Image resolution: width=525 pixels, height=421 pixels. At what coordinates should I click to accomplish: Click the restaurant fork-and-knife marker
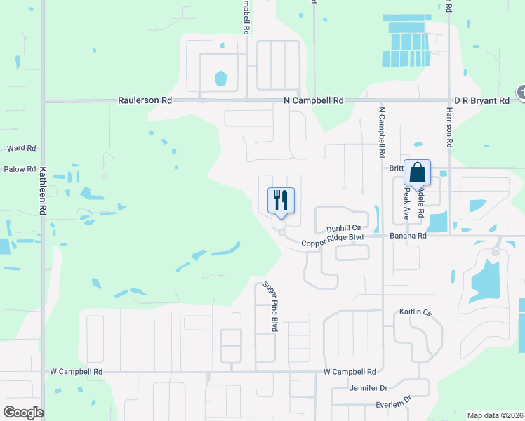coord(281,201)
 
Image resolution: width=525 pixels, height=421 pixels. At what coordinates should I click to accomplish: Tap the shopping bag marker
coord(417,173)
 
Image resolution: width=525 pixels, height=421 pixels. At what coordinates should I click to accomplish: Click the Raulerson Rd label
coord(145,101)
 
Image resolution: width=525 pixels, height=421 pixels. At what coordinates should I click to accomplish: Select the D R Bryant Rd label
coord(481,101)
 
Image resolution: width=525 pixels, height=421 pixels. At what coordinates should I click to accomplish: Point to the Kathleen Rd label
coord(43,191)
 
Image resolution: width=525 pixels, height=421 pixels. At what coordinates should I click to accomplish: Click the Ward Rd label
coord(21,149)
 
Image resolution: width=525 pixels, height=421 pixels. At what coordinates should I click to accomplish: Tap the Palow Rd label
coord(20,169)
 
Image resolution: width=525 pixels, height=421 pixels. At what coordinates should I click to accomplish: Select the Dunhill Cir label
coord(344,229)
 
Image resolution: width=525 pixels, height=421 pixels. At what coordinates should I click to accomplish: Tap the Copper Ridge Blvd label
coord(333,243)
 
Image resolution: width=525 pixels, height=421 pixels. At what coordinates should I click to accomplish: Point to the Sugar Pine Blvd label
coord(270,307)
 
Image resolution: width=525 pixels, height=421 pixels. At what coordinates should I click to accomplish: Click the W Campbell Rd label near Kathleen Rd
coord(77,371)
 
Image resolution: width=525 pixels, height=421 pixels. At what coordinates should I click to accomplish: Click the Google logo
coord(23,413)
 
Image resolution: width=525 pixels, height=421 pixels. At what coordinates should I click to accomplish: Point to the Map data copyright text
coord(495,415)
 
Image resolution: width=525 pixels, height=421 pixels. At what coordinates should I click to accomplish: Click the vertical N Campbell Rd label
coord(382,132)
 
